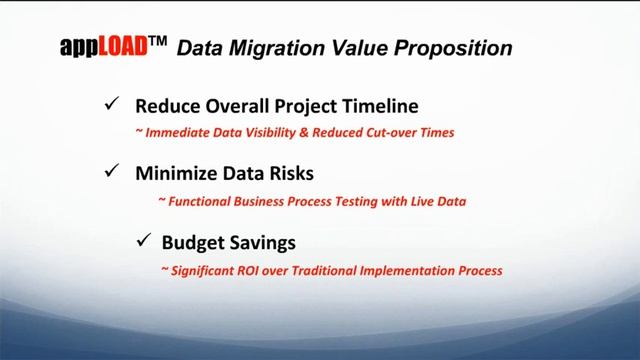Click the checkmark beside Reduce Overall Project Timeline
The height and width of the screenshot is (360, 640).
click(112, 105)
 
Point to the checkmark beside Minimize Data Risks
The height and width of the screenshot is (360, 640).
click(112, 172)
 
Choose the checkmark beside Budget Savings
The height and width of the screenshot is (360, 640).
click(141, 241)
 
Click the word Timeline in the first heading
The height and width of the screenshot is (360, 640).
click(380, 106)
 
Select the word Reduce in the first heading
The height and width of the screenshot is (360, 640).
click(166, 106)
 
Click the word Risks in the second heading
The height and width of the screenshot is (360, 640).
click(290, 173)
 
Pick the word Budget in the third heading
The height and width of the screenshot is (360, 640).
click(192, 242)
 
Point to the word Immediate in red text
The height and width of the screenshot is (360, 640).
click(178, 131)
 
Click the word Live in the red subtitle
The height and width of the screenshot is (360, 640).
click(416, 201)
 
